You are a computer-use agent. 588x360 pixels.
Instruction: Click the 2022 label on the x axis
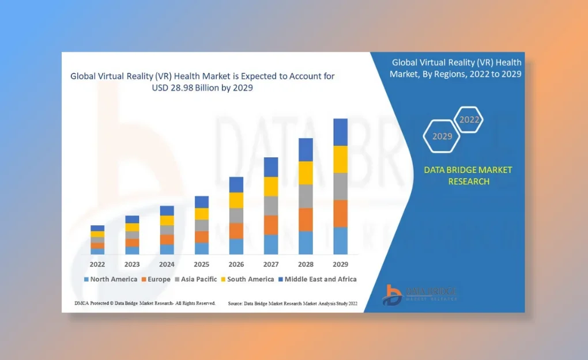click(97, 264)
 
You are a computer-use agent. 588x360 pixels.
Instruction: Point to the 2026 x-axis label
click(236, 264)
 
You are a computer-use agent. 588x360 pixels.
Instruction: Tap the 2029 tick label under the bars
click(341, 264)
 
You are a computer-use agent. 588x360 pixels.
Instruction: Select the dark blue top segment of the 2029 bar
click(341, 132)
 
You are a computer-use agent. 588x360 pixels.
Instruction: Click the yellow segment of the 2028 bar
click(306, 173)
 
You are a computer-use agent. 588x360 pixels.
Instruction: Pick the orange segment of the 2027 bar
click(271, 225)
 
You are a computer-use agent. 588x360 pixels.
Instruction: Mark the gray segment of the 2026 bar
click(236, 216)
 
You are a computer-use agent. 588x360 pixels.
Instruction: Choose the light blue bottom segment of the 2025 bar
click(202, 249)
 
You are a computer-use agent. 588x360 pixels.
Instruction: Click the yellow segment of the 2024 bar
click(167, 220)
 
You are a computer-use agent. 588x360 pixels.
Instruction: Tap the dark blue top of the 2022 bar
click(97, 228)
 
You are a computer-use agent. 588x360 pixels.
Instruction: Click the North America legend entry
click(111, 279)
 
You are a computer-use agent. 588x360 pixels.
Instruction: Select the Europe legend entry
click(156, 279)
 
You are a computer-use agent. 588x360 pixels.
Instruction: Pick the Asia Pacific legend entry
click(196, 279)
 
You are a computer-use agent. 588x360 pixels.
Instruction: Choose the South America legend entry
click(247, 279)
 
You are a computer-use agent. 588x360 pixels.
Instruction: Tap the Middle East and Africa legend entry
click(318, 279)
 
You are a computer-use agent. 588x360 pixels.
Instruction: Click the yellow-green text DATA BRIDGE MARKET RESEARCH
click(468, 176)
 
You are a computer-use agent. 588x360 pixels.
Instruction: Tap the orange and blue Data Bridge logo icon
click(392, 295)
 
